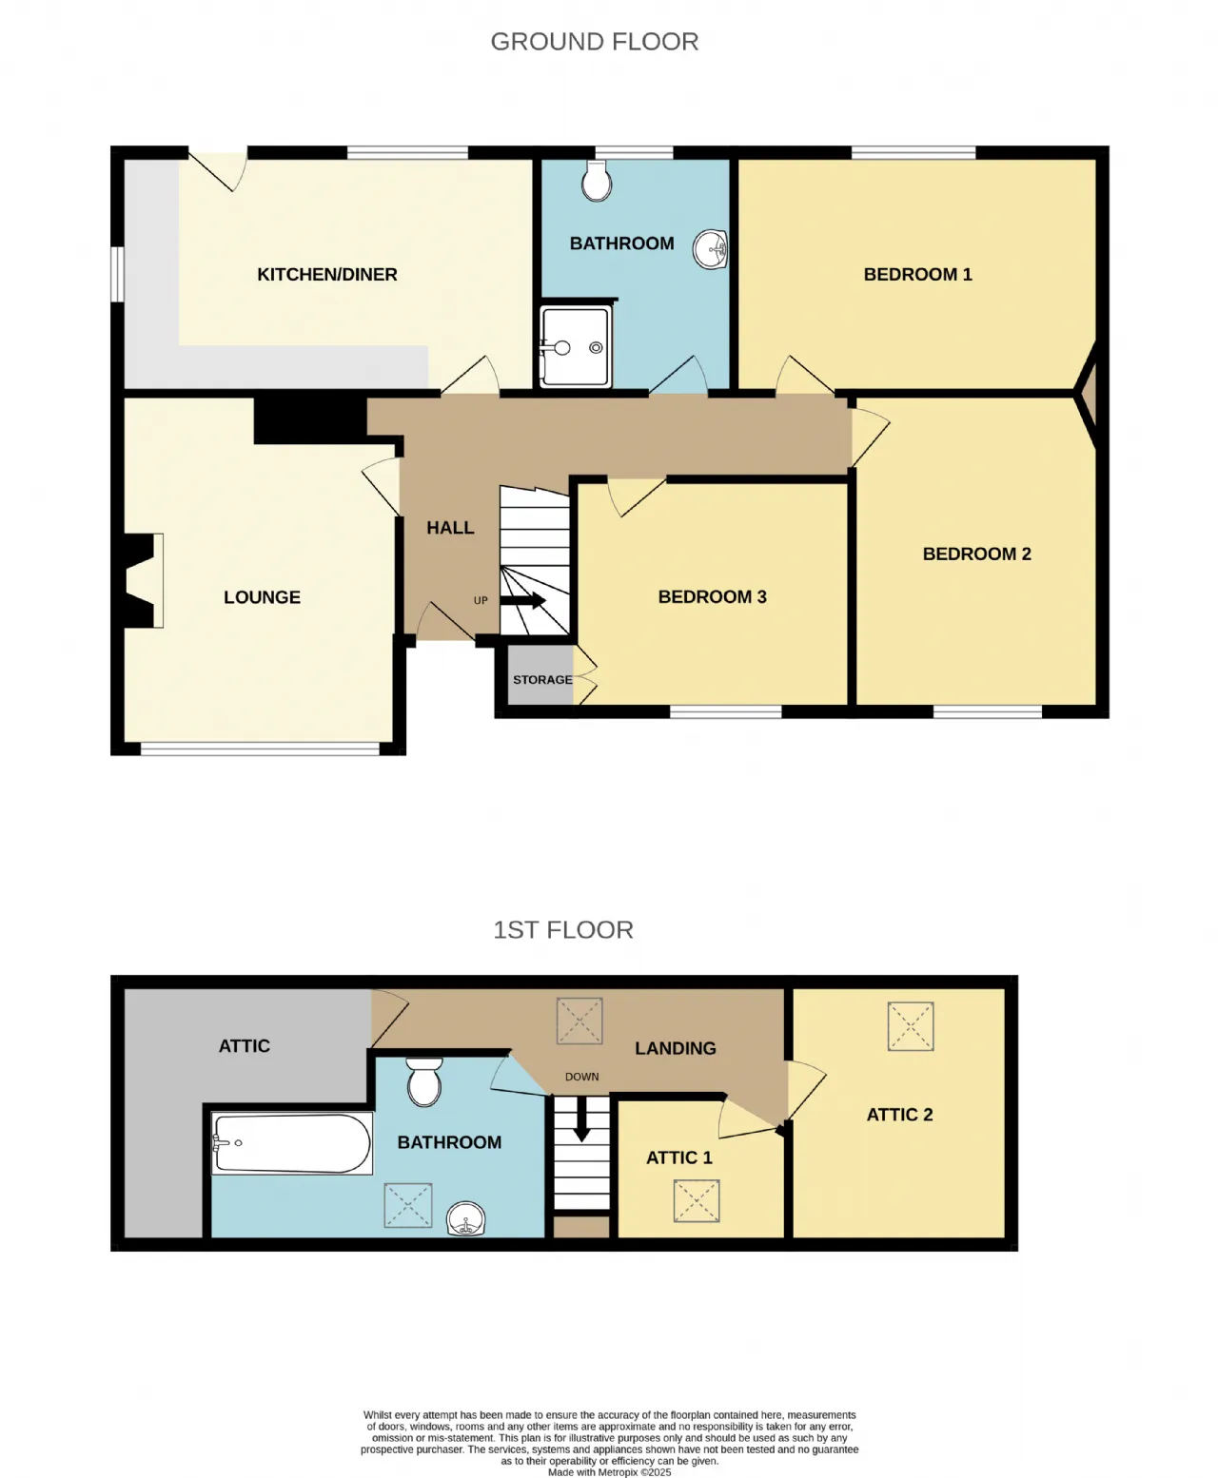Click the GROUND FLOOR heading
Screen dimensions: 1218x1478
point(594,42)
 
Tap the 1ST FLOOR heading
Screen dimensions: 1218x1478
point(563,929)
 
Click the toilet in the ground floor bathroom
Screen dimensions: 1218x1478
point(597,181)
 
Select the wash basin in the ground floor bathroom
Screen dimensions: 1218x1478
point(710,249)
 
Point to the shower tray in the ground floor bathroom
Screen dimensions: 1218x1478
point(575,347)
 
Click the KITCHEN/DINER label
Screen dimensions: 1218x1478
point(327,275)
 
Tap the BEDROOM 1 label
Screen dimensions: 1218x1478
point(917,275)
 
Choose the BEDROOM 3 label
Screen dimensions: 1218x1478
point(713,596)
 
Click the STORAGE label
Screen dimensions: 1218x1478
point(542,679)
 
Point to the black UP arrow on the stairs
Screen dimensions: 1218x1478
point(522,600)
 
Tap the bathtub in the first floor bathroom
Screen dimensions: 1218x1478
point(292,1143)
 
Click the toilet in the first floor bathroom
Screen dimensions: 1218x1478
point(424,1081)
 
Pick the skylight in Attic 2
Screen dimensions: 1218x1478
point(911,1025)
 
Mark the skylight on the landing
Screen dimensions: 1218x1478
point(580,1021)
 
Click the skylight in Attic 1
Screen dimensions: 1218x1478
point(697,1200)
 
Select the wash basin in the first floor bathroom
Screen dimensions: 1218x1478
point(466,1219)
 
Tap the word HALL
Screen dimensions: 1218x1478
point(450,528)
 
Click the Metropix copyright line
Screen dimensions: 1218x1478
point(609,1471)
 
